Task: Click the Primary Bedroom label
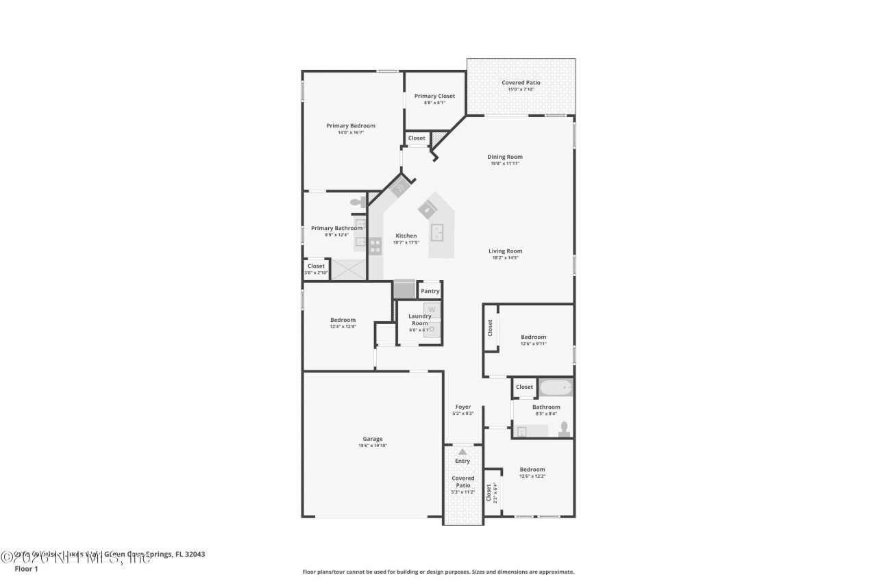[x=350, y=125]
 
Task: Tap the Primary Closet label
[x=434, y=96]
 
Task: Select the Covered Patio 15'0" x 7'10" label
[x=521, y=83]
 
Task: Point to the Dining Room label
[x=505, y=157]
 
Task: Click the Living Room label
[x=505, y=251]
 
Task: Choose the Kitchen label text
[x=405, y=236]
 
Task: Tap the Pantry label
[x=430, y=291]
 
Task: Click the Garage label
[x=372, y=439]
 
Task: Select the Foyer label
[x=462, y=407]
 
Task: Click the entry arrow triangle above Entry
[x=462, y=452]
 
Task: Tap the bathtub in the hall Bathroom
[x=556, y=388]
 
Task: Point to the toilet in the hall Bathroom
[x=564, y=429]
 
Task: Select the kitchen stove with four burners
[x=375, y=246]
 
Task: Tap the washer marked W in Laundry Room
[x=432, y=309]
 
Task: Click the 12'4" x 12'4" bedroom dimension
[x=343, y=327]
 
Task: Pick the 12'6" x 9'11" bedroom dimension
[x=533, y=344]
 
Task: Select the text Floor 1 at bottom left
[x=26, y=568]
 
